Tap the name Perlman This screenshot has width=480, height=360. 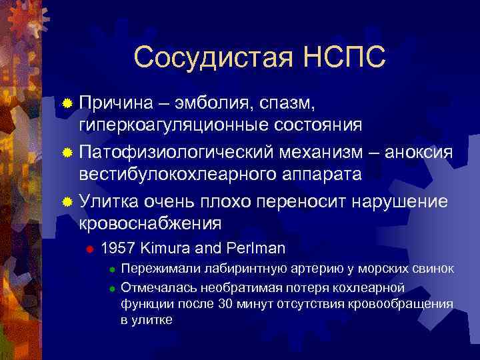click(x=256, y=249)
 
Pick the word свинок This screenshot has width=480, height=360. click(x=433, y=269)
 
